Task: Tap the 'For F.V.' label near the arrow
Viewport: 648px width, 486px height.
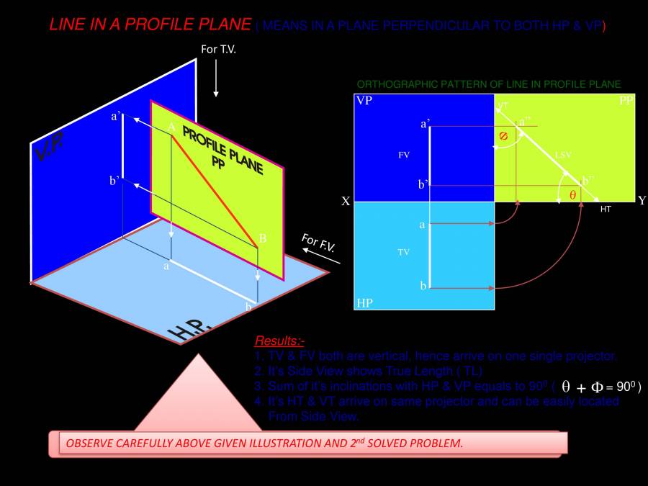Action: [x=319, y=243]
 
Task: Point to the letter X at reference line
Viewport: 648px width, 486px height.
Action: [x=346, y=202]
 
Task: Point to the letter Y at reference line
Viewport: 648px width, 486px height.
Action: [x=641, y=201]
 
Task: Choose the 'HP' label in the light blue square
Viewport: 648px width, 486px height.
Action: [x=364, y=302]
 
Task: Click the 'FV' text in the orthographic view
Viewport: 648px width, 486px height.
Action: [x=404, y=154]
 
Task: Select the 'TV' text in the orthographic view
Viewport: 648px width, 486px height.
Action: [x=403, y=253]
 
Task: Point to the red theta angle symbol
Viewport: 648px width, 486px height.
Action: [x=572, y=195]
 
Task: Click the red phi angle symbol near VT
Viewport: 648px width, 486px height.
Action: [x=503, y=135]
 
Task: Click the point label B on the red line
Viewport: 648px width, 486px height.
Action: [x=263, y=239]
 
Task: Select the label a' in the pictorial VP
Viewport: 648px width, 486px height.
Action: [x=115, y=115]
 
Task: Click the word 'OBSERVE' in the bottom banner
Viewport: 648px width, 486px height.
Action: [x=90, y=444]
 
